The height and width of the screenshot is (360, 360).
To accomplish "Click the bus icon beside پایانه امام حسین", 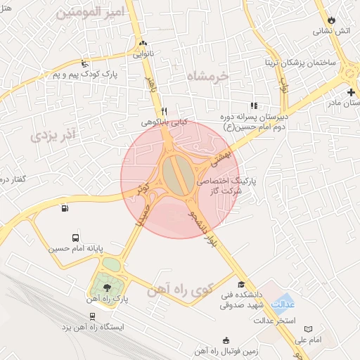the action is pyautogui.click(x=75, y=238).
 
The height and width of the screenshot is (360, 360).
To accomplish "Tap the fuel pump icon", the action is pyautogui.click(x=65, y=207).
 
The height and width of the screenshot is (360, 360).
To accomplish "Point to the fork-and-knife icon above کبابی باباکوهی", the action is pyautogui.click(x=164, y=111).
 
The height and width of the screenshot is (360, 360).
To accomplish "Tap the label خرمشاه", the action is pyautogui.click(x=209, y=75).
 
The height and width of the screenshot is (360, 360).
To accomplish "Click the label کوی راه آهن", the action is pyautogui.click(x=174, y=291).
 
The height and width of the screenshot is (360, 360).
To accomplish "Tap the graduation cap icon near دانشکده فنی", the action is pyautogui.click(x=241, y=285).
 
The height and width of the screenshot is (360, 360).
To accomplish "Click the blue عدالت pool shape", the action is pyautogui.click(x=283, y=303).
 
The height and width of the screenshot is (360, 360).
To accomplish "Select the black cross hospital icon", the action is pyautogui.click(x=351, y=92).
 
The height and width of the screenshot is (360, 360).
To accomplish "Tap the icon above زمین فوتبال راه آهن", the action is pyautogui.click(x=224, y=340).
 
